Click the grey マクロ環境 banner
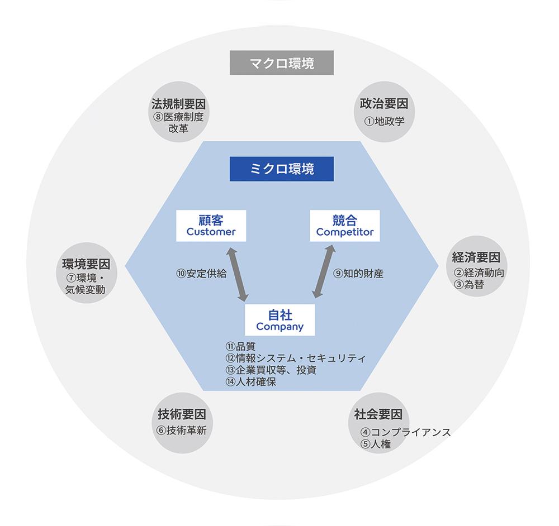282,63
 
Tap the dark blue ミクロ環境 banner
282,169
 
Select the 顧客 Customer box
211,226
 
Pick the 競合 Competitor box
345,226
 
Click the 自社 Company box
280,320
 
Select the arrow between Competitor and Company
324,271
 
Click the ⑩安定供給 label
201,274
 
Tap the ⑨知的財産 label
358,274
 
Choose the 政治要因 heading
384,104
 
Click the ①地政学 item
385,121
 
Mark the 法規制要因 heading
179,104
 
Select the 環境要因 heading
86,264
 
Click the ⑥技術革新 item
182,431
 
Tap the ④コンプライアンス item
406,432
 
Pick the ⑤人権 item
376,444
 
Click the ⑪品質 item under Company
240,346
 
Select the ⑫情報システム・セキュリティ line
296,358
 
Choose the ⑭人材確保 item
250,382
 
